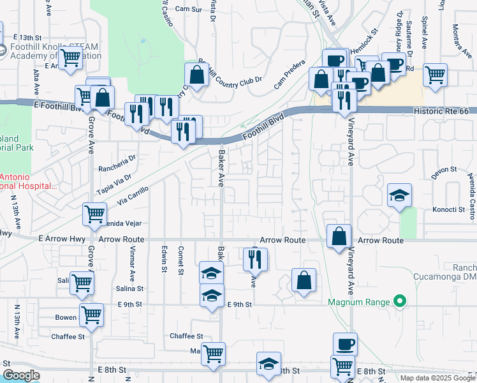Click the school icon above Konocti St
[399, 196]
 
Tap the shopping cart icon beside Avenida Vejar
[94, 214]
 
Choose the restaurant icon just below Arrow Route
[255, 259]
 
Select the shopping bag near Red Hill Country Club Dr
[197, 74]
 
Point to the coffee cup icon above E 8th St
[345, 344]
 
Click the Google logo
[21, 375]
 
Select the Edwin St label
[165, 260]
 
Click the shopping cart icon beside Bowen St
[91, 315]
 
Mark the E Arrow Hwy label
[57, 239]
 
